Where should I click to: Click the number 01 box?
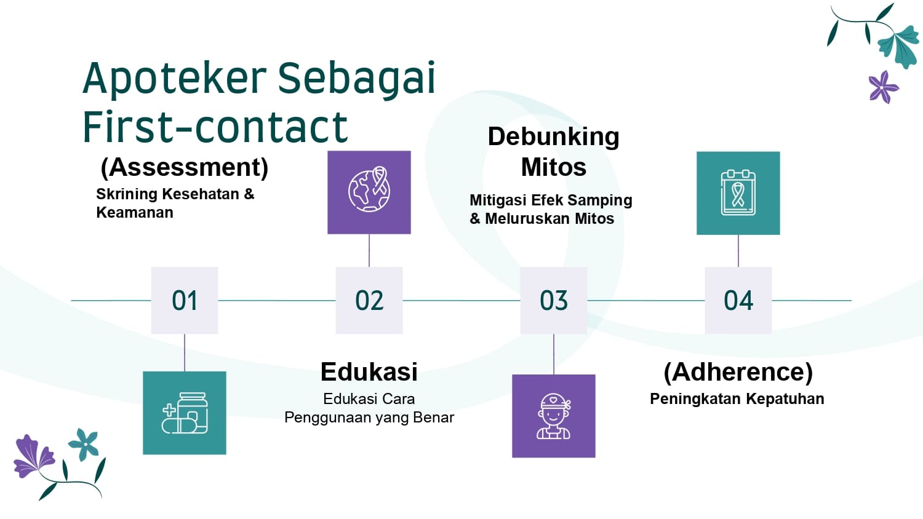185,301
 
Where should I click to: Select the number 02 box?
369,301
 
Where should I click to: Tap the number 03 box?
554,301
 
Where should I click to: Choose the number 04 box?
738,301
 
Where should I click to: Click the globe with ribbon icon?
369,192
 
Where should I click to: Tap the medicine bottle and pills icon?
185,413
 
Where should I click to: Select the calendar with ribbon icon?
738,193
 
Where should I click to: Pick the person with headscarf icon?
554,416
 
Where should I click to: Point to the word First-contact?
215,128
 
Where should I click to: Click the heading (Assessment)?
185,167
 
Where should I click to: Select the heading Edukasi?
369,372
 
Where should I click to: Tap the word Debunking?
553,137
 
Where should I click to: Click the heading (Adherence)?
738,372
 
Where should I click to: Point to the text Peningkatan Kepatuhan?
737,399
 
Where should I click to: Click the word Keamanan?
135,213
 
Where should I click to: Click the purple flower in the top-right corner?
883,87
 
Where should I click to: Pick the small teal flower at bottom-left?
84,443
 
